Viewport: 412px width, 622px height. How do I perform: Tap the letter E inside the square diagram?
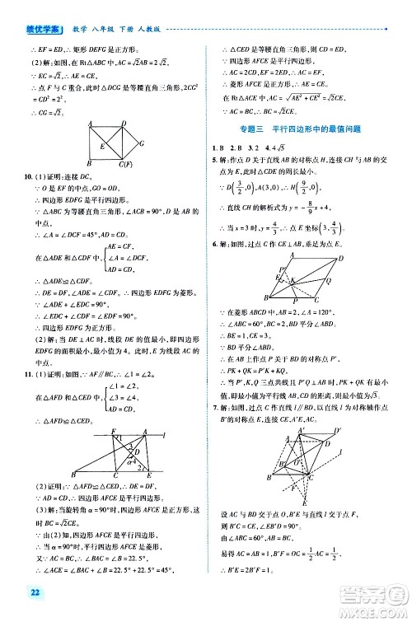tap(101, 147)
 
